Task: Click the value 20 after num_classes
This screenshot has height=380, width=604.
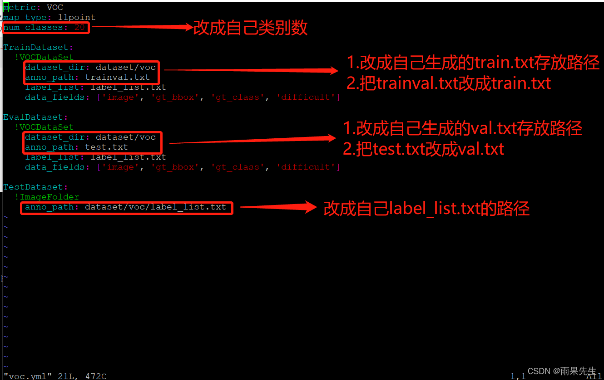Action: tap(79, 28)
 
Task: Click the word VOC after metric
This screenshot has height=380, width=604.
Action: tap(55, 7)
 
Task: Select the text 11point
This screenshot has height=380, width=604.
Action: tap(77, 17)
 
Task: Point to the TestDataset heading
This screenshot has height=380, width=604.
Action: tap(35, 187)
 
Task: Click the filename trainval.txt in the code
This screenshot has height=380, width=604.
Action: tap(118, 77)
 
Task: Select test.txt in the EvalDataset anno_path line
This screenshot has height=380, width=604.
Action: tap(107, 147)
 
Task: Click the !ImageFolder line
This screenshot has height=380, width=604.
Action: tap(47, 197)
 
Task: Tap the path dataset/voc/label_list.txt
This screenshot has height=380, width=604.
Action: tap(156, 207)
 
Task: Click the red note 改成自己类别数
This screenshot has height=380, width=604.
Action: tap(250, 28)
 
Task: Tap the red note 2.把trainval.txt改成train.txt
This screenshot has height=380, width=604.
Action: tap(449, 83)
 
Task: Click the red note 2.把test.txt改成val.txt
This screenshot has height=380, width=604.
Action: tap(423, 149)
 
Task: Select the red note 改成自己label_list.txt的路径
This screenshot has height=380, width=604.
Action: tap(426, 208)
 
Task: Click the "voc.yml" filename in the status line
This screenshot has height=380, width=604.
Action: tap(25, 376)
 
